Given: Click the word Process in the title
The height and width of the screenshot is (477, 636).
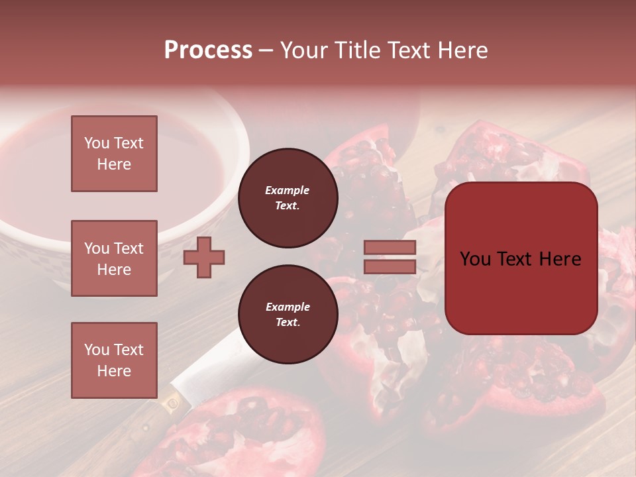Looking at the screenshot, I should [208, 50].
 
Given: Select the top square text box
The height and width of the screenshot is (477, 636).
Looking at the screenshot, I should [114, 154].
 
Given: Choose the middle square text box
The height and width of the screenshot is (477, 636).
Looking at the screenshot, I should [114, 258].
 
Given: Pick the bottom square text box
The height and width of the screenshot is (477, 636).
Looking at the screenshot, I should [114, 360].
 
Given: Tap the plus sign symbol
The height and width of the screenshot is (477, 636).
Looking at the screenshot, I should [204, 257].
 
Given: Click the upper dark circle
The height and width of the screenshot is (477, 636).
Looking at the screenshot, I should [288, 198].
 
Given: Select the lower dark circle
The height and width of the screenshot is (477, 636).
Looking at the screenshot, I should [288, 315].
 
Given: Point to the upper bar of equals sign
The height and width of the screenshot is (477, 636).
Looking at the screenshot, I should [390, 248].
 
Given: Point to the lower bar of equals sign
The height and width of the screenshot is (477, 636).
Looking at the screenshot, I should [390, 266].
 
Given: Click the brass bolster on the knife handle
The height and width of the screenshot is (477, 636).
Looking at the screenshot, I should [174, 401].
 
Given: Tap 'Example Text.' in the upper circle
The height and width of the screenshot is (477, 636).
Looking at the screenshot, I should [288, 198].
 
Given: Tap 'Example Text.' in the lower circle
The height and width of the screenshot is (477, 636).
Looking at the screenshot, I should [288, 315].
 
